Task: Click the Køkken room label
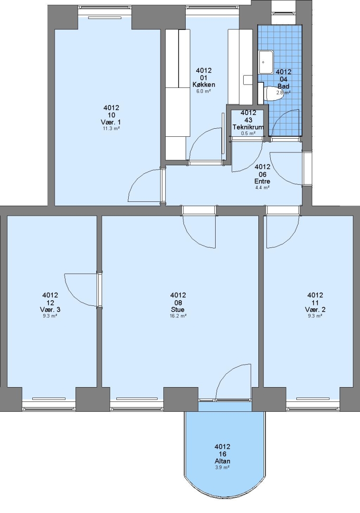pos(204,85)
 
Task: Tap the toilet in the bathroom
pos(271,93)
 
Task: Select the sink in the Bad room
pos(266,62)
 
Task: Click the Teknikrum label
pos(248,127)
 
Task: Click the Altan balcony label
pos(222,461)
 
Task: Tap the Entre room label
pos(262,181)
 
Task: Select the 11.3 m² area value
pos(111,129)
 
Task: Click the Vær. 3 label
pos(50,310)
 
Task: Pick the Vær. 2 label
pos(315,310)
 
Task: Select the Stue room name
pos(178,310)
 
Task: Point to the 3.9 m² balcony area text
pos(222,467)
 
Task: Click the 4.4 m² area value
pos(262,188)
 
